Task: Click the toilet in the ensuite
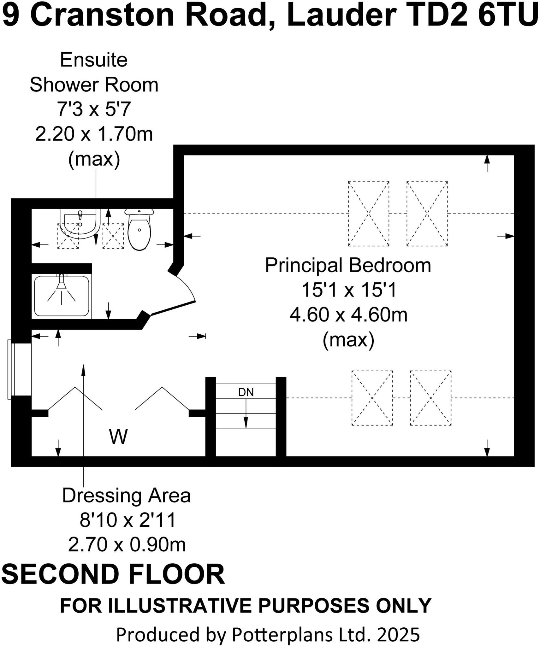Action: (139, 229)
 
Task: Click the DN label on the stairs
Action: (246, 392)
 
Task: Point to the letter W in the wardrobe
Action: (118, 437)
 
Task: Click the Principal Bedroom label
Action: (348, 265)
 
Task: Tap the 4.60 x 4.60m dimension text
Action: (348, 315)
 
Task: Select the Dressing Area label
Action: (126, 496)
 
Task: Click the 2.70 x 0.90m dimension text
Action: (127, 545)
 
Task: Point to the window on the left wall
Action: (21, 369)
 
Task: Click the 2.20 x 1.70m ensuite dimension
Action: (94, 134)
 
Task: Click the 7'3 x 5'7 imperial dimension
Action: (94, 109)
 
